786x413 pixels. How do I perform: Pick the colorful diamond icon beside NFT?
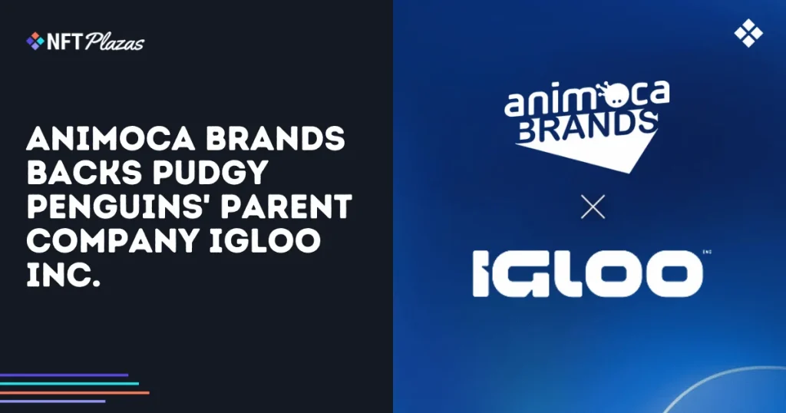pyautogui.click(x=35, y=41)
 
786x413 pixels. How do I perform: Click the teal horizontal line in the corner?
pyautogui.click(x=69, y=384)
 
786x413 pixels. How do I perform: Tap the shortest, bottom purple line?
pyautogui.click(x=52, y=401)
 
